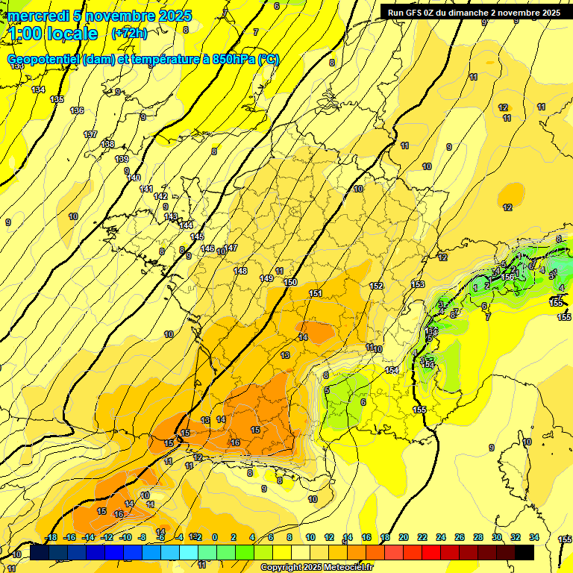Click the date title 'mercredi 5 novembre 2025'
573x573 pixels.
[x=100, y=16]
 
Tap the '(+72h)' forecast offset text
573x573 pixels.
[x=129, y=34]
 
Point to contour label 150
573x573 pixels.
[x=290, y=283]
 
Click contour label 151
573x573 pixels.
[x=316, y=294]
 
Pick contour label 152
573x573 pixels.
[x=376, y=286]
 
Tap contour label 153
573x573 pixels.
[x=418, y=284]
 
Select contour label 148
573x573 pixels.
[x=240, y=271]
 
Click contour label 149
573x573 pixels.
[x=266, y=278]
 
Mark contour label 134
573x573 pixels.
[x=39, y=90]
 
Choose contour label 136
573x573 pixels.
[x=77, y=111]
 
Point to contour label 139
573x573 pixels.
[x=122, y=160]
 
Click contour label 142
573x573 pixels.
[x=160, y=196]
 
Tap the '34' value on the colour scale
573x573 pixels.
[x=533, y=537]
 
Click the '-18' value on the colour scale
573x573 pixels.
[x=51, y=537]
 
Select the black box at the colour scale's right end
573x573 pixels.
[x=524, y=552]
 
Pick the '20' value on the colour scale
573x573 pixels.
[x=404, y=537]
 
